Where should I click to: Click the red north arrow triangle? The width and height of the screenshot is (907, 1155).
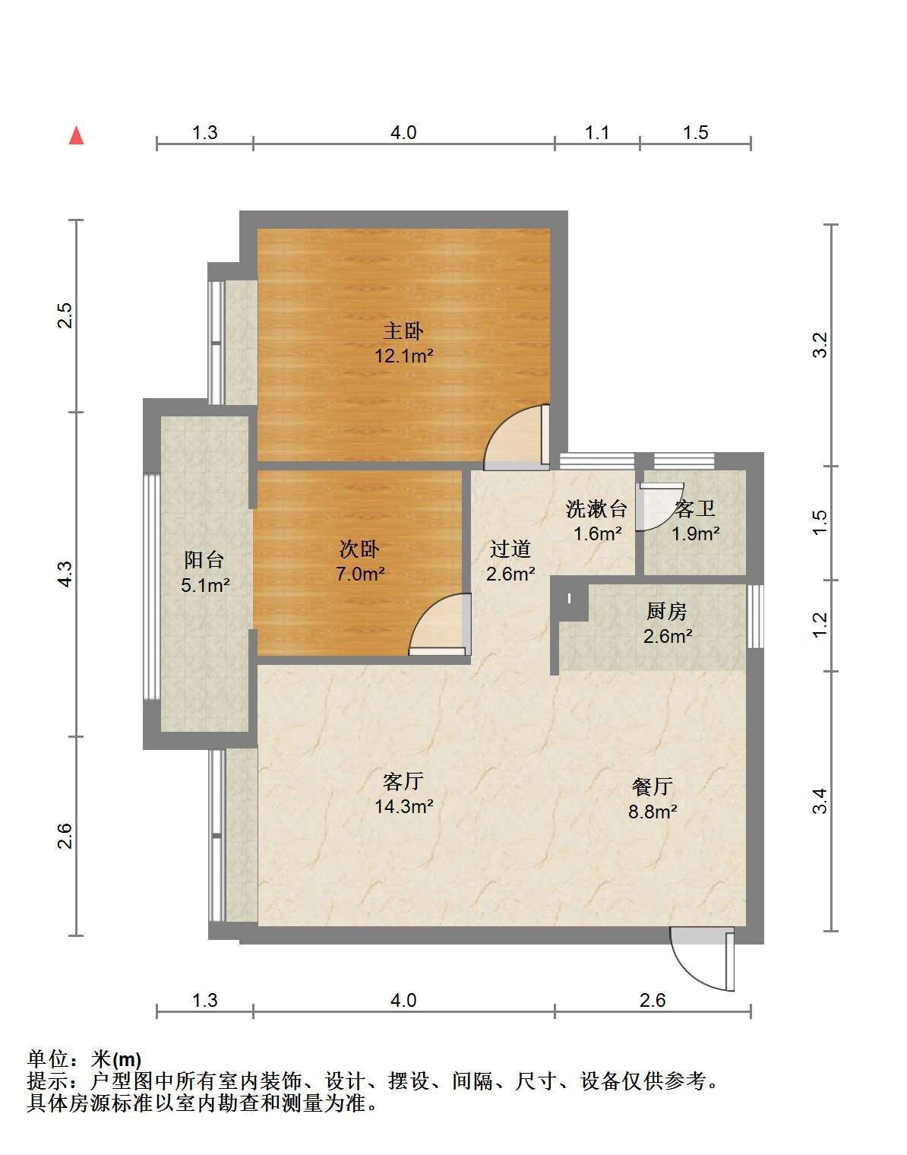[x=77, y=135]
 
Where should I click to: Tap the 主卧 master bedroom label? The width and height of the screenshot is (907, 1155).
[x=403, y=331]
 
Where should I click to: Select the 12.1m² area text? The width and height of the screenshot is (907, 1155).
[x=404, y=356]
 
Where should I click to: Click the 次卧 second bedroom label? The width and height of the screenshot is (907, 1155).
[x=360, y=549]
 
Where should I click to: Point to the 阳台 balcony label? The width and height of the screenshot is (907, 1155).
[x=204, y=559]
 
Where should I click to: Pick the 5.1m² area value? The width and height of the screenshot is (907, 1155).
[x=205, y=585]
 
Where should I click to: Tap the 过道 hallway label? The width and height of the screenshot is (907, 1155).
[x=510, y=549]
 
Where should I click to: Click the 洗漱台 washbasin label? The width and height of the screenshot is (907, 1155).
[x=596, y=508]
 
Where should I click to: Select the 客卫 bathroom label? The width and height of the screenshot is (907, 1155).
[x=695, y=508]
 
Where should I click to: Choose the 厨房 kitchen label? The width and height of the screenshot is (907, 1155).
[x=667, y=611]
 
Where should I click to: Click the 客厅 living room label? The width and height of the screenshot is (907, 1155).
[x=403, y=781]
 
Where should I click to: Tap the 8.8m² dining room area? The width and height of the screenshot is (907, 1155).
[x=653, y=812]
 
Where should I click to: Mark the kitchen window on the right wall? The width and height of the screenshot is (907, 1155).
[x=755, y=616]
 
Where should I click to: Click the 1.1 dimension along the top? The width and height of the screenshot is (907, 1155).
[x=597, y=132]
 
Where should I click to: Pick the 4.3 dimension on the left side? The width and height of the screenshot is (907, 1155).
[x=65, y=574]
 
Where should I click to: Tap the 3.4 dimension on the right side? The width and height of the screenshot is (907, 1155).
[x=821, y=801]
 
